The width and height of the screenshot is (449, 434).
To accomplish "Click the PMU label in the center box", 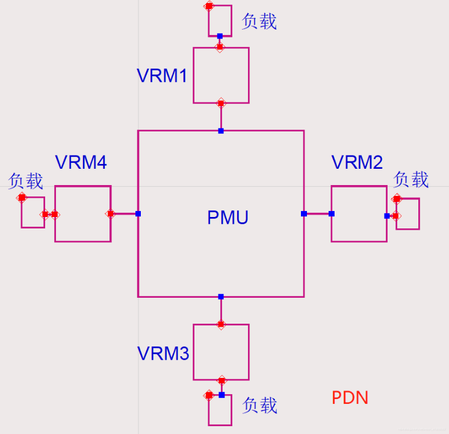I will click(228, 217).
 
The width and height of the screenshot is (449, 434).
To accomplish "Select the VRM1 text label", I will click(162, 76).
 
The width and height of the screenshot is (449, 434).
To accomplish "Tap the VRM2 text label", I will click(357, 163).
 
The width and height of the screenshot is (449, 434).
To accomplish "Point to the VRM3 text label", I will click(163, 353).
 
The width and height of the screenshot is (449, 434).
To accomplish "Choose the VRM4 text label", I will click(81, 163).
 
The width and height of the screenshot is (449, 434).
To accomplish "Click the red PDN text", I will click(350, 398).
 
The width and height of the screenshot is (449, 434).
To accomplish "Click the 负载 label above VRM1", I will click(259, 22).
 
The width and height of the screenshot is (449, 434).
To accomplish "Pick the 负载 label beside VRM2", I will click(411, 180).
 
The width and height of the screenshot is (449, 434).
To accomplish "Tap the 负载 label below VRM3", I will click(260, 406).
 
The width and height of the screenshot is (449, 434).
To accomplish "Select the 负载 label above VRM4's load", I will click(26, 181).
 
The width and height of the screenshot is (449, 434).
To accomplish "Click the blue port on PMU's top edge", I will click(221, 131).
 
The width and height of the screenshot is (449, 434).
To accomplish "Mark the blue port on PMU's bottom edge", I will click(221, 297).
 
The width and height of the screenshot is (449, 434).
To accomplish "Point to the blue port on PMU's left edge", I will click(138, 214).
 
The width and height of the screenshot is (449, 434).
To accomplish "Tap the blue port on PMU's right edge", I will click(304, 213).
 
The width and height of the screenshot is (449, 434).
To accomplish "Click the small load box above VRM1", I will click(220, 21).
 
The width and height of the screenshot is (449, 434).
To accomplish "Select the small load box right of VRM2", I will click(407, 214).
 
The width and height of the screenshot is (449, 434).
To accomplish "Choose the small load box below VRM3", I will click(220, 410).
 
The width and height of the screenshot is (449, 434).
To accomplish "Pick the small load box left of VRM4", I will click(33, 212).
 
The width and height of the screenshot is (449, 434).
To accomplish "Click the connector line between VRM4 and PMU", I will click(125, 214).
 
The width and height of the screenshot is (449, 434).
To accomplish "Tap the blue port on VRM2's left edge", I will click(332, 213).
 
